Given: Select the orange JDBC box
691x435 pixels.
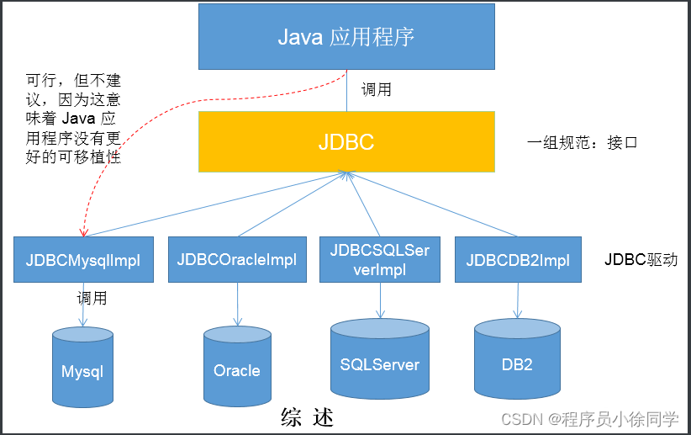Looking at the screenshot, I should click(x=346, y=142).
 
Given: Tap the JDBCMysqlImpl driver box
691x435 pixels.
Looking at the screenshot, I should click(x=83, y=260).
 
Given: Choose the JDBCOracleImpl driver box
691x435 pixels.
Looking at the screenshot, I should click(x=236, y=260).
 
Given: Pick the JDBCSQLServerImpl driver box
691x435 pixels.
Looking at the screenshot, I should click(x=379, y=260).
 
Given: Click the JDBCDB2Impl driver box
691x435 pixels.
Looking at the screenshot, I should click(x=518, y=260).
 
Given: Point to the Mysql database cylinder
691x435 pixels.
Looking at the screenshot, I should click(x=82, y=366).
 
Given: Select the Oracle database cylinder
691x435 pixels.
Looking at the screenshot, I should click(x=236, y=367).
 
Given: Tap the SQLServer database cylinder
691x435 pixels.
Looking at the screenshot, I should click(x=379, y=360).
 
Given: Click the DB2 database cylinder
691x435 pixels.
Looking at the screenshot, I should click(x=517, y=360).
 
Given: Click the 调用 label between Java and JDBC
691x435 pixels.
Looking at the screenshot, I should click(x=376, y=89).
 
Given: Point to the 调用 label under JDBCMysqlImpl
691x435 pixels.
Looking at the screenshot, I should click(x=92, y=298).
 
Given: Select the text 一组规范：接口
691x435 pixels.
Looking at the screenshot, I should click(x=582, y=142).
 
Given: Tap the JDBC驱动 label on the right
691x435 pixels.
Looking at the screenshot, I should click(x=641, y=260).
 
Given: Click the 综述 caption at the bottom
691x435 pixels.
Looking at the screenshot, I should click(x=308, y=416).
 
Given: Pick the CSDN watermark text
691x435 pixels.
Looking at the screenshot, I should click(x=592, y=418).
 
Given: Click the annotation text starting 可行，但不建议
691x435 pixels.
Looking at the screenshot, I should click(x=73, y=119).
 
